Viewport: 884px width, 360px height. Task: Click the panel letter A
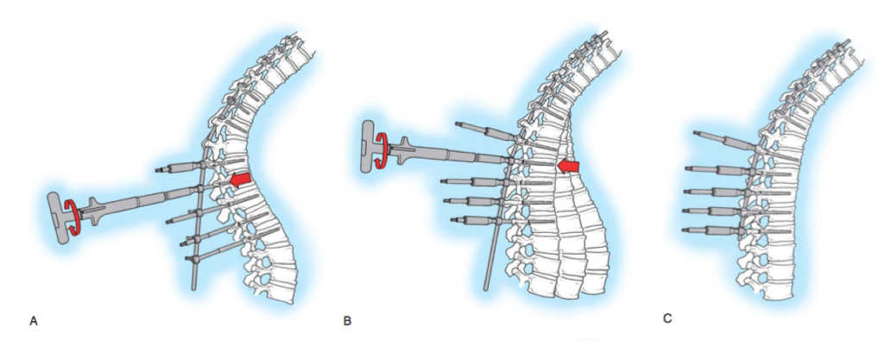point(34,321)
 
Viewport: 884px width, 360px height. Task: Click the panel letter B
point(347,321)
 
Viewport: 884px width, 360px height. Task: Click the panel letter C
point(667,319)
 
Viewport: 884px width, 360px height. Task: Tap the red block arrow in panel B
point(568,165)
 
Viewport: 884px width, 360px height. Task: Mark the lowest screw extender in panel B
point(465,220)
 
